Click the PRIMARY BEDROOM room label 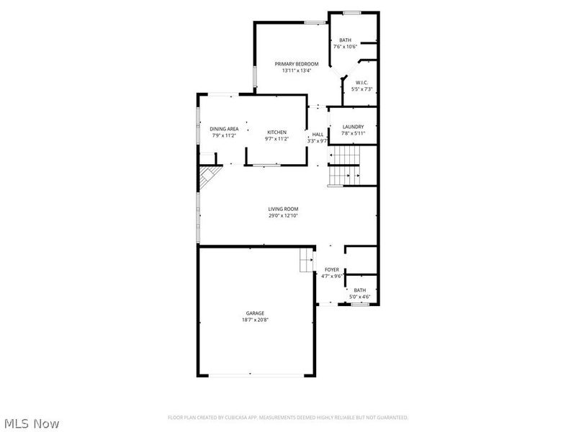[x=296, y=64]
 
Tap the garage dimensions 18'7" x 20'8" [x=255, y=320]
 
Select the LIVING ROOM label [x=284, y=209]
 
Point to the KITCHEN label [x=277, y=132]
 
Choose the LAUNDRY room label [x=353, y=127]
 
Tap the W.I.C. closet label [x=362, y=82]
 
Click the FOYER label [x=332, y=269]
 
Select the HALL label [x=318, y=134]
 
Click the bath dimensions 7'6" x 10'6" [x=346, y=47]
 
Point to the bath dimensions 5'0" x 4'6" [x=360, y=297]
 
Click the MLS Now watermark [x=31, y=423]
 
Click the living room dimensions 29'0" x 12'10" [x=284, y=215]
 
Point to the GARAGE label [x=255, y=313]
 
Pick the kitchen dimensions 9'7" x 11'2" [x=277, y=138]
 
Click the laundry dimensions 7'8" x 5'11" [x=353, y=133]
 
